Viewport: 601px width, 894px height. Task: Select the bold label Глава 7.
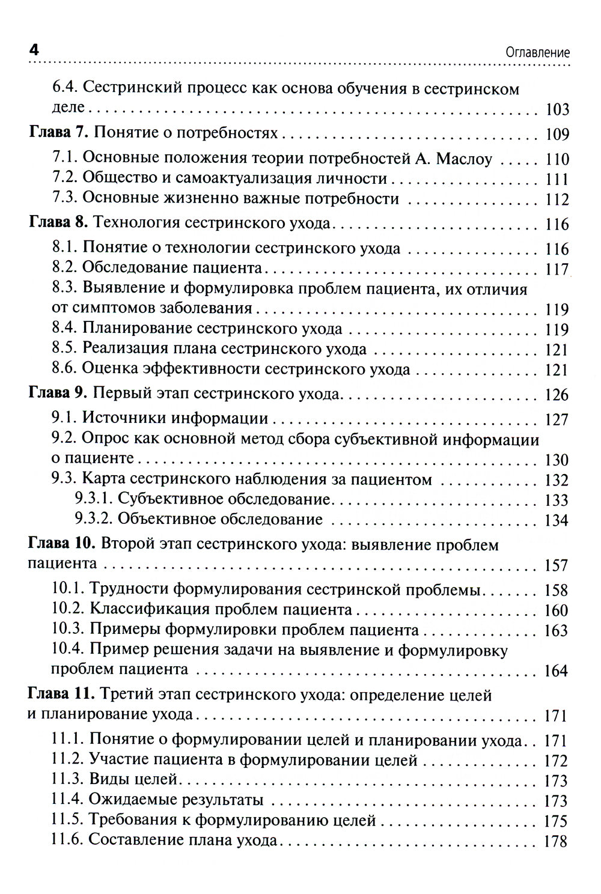[59, 133]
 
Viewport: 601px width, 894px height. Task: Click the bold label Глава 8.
[59, 223]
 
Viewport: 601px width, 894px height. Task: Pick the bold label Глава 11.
[63, 695]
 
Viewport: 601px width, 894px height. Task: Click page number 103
[556, 110]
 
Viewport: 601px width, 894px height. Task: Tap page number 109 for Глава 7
[556, 133]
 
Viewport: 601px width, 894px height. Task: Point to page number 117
[556, 269]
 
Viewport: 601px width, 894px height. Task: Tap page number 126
[556, 395]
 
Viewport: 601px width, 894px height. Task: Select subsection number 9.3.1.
[93, 499]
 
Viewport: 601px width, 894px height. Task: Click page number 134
[556, 520]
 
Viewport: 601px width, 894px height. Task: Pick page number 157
[556, 565]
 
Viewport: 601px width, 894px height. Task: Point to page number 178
[556, 841]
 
